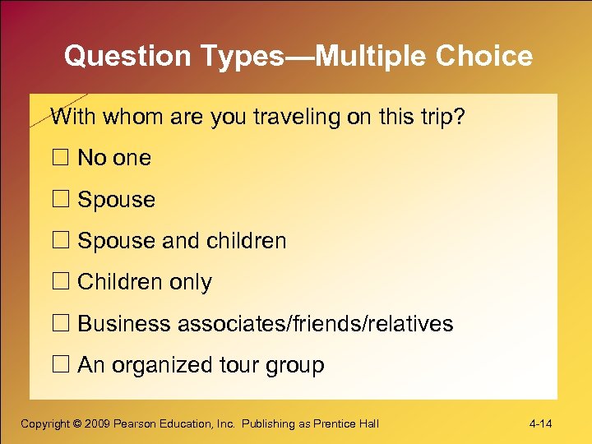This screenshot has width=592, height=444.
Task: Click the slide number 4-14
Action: pyautogui.click(x=540, y=424)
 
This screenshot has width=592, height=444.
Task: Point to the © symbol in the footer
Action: pyautogui.click(x=77, y=424)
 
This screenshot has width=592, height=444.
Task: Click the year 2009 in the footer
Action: pyautogui.click(x=99, y=424)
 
